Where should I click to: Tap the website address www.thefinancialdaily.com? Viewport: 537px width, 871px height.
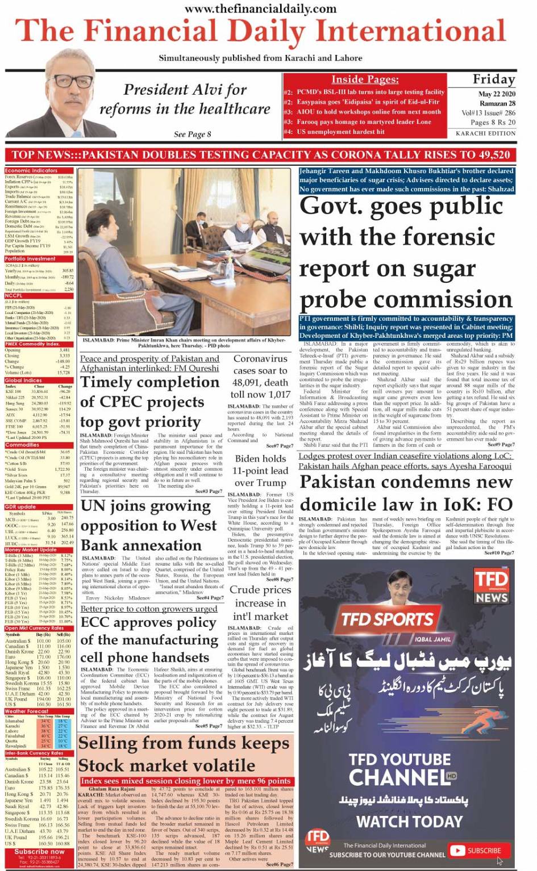click(261, 9)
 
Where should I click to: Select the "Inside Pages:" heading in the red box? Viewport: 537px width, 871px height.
click(365, 79)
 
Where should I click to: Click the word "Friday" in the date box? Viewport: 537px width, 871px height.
click(493, 79)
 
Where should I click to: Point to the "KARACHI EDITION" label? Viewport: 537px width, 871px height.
click(485, 133)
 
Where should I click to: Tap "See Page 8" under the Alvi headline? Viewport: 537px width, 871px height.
click(192, 135)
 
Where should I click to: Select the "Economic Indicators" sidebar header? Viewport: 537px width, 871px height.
click(32, 170)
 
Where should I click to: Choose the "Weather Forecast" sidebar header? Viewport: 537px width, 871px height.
click(27, 711)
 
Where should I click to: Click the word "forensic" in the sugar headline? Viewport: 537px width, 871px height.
click(445, 237)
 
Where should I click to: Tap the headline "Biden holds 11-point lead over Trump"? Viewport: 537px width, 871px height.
click(260, 471)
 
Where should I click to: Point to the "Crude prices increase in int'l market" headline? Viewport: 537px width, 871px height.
click(260, 603)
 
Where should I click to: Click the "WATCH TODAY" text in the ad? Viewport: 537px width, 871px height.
click(409, 821)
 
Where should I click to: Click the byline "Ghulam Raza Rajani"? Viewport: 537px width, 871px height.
click(112, 789)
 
